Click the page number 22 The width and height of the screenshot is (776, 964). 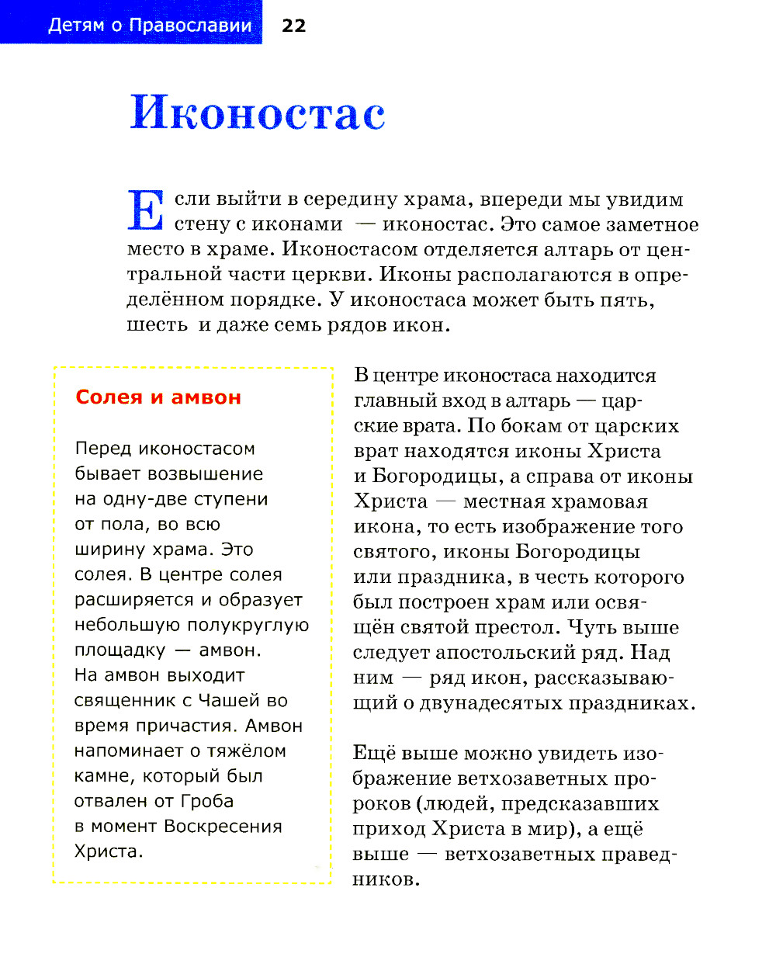pyautogui.click(x=293, y=26)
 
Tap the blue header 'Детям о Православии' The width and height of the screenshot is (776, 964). pyautogui.click(x=150, y=25)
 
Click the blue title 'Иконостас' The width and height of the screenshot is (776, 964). pyautogui.click(x=258, y=113)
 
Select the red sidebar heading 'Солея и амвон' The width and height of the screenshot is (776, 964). pyautogui.click(x=158, y=397)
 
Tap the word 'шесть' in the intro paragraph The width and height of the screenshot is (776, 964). pyautogui.click(x=158, y=324)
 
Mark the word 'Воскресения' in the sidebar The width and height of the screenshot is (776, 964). pyautogui.click(x=223, y=826)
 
